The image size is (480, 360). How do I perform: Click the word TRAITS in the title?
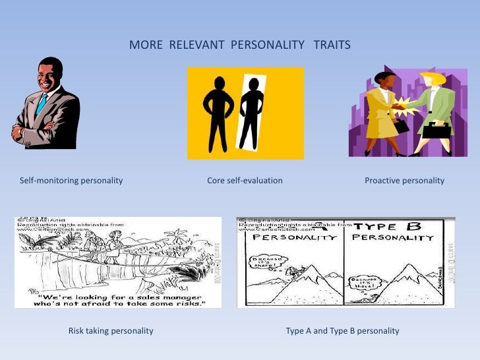click(332, 45)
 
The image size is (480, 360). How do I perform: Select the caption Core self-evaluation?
click(245, 181)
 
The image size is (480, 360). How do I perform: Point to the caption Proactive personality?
click(404, 181)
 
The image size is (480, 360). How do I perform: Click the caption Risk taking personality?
click(111, 330)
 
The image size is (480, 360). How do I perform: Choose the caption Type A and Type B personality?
click(342, 330)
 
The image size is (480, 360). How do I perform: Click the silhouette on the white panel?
click(251, 112)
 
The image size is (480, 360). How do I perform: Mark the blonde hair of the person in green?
click(435, 78)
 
